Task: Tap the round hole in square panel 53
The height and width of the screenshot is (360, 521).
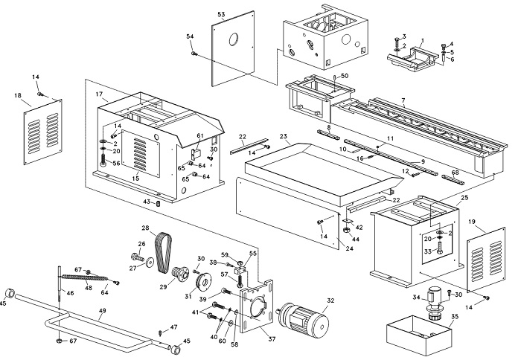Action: point(233,39)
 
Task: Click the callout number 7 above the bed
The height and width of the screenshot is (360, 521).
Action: point(403,100)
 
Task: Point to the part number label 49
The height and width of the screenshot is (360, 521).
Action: point(102,311)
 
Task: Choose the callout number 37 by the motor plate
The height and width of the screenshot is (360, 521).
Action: point(272,340)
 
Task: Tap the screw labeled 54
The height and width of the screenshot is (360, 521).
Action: point(194,54)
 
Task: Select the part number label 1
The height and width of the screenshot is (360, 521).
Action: point(422,39)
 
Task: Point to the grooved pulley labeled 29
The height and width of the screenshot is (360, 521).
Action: point(179,274)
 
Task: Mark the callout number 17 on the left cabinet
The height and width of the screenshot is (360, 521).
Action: point(98,94)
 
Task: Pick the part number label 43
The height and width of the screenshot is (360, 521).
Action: point(147,202)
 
